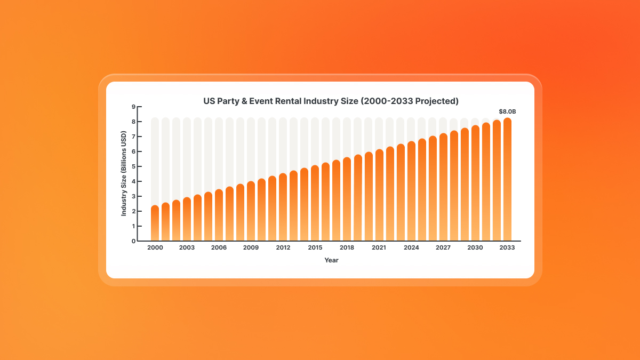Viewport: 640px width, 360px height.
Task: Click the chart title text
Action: [331, 100]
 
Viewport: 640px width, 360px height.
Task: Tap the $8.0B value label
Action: [507, 111]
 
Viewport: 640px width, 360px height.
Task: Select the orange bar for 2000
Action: [155, 223]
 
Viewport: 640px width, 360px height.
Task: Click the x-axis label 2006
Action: [219, 248]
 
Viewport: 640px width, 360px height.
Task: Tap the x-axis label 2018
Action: [347, 248]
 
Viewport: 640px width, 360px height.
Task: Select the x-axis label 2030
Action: [475, 248]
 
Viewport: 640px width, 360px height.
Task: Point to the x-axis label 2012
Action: [283, 248]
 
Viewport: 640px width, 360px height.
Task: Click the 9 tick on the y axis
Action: [133, 107]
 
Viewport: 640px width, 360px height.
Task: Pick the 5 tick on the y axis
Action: [133, 166]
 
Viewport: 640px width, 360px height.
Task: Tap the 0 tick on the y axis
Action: [133, 241]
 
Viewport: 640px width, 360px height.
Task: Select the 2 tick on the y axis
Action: [133, 211]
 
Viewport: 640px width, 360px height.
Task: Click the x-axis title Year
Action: [331, 260]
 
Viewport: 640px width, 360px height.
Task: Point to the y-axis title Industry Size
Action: [124, 174]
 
